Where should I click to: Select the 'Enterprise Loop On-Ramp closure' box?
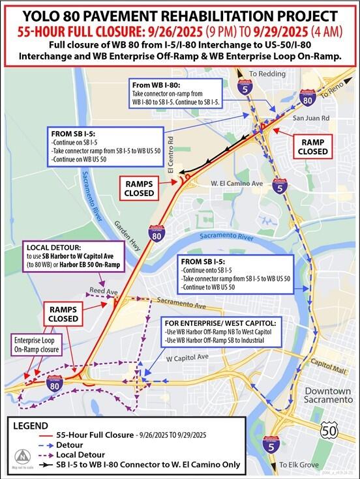pyautogui.click(x=38, y=345)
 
